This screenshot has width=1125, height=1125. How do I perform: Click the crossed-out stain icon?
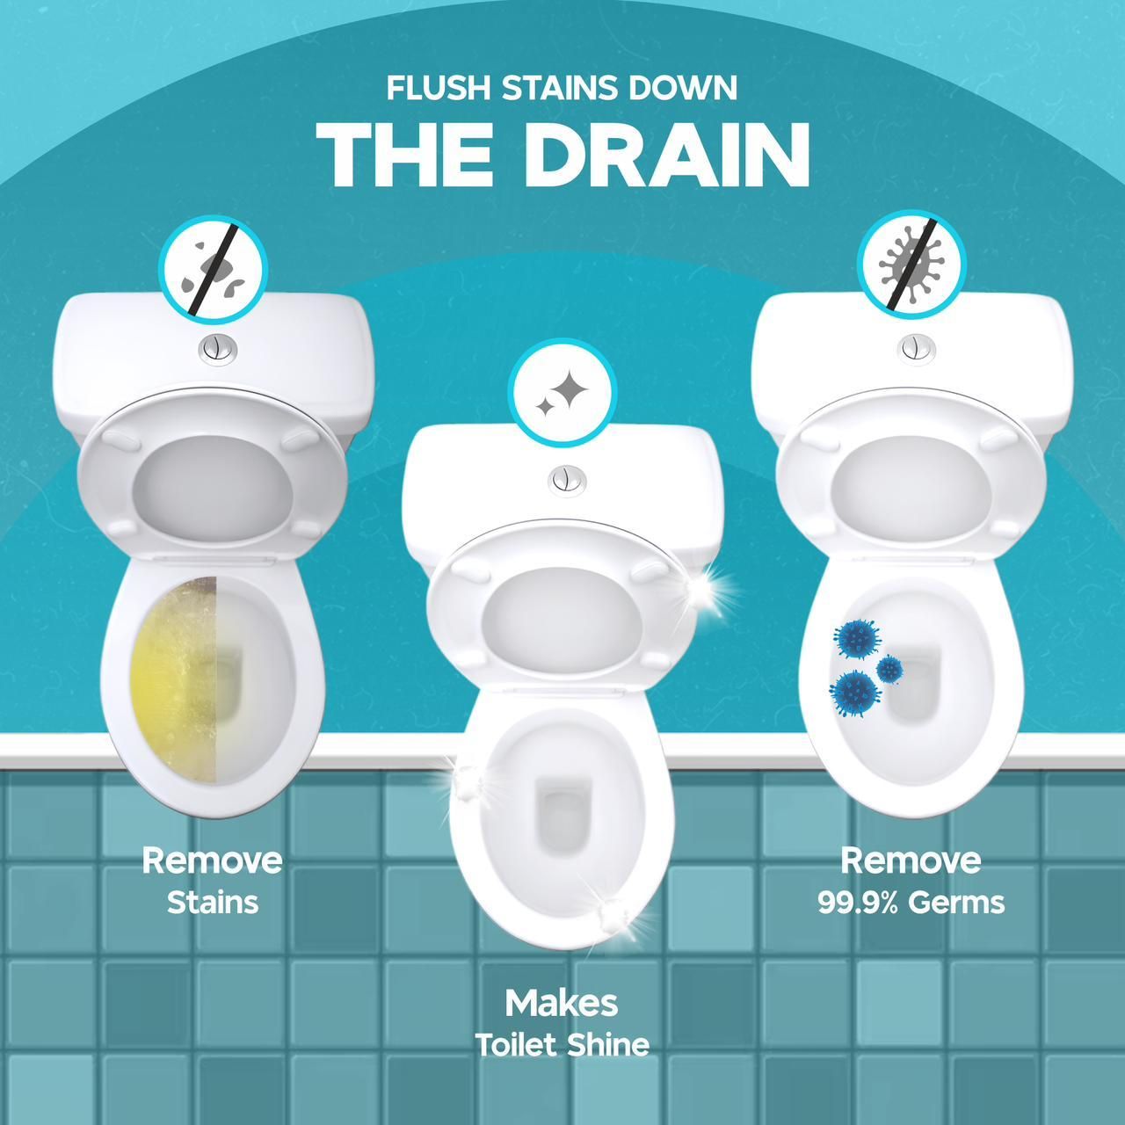coord(213,274)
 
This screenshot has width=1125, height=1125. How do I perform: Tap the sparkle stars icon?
coord(562,393)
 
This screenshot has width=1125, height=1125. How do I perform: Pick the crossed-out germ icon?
coord(911,264)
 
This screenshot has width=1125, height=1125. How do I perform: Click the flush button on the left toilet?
coord(216,349)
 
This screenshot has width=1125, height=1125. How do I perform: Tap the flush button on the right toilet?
coord(916,348)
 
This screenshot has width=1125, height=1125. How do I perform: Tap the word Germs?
coord(957,903)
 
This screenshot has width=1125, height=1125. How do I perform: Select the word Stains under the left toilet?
coord(213,903)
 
